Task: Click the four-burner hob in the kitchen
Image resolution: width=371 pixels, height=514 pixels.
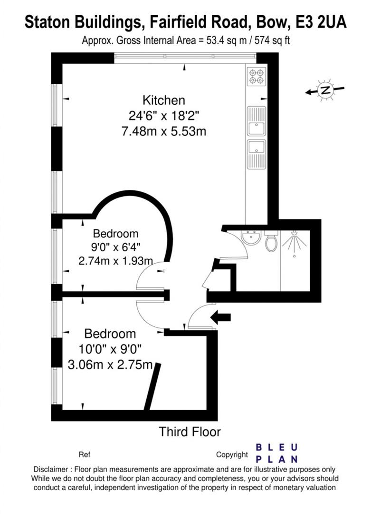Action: coord(257,77)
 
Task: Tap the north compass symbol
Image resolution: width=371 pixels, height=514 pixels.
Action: coord(325,90)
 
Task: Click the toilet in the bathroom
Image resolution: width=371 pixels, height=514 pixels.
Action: coord(271,243)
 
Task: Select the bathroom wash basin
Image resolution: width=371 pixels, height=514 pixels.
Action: coord(251,238)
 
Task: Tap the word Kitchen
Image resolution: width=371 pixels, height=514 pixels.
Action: coord(163,100)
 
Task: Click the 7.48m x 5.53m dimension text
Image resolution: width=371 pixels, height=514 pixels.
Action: coord(163,131)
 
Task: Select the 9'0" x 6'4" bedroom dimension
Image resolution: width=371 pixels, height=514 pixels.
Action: coord(115,247)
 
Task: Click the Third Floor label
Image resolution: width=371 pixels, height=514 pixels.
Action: coord(190,432)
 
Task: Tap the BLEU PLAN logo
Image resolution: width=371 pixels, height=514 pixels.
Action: coord(277,453)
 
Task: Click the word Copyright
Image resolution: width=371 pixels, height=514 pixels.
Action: coord(232,455)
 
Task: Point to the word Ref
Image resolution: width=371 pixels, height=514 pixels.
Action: coord(84,455)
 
